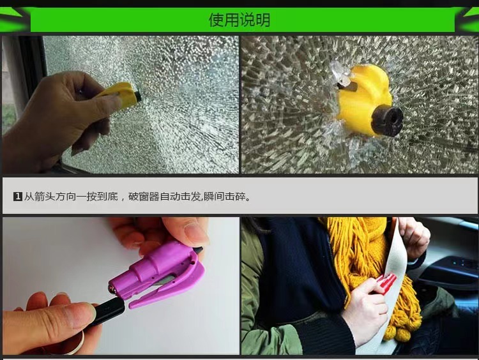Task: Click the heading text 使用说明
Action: (x=240, y=20)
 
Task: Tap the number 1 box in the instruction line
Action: (x=18, y=197)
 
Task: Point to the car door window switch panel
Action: (x=453, y=268)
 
